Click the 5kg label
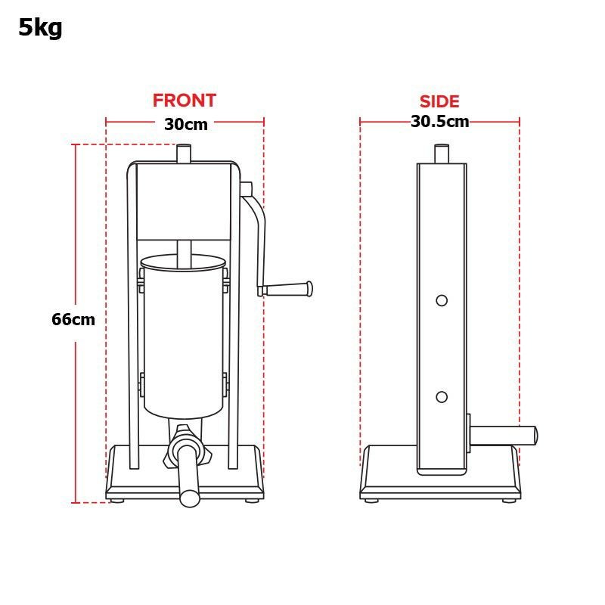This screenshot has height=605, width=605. [x=40, y=28]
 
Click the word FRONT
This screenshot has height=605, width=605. [x=184, y=101]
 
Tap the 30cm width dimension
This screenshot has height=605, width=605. [x=185, y=125]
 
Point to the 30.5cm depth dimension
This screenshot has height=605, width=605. [x=439, y=122]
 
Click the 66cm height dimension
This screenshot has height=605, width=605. [x=73, y=319]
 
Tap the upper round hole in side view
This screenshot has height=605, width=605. [x=442, y=300]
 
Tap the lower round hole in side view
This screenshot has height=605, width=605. [x=442, y=397]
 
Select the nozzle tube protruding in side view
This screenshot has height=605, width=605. [x=504, y=435]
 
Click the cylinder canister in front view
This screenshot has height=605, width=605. [x=184, y=340]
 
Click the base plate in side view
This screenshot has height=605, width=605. [x=389, y=473]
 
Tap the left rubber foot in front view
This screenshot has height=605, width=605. [x=117, y=500]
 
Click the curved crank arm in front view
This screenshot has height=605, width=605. [x=259, y=227]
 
